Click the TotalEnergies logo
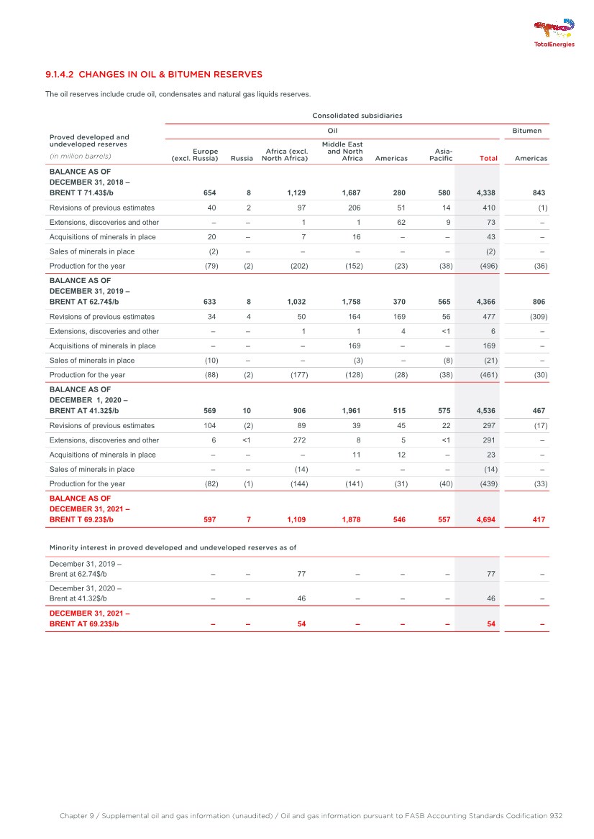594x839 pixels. tap(554, 33)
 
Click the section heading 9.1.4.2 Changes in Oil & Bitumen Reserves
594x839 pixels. tap(153, 74)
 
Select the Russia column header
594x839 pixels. tap(242, 158)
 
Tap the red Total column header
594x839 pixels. tap(488, 158)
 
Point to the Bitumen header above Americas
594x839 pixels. tap(526, 131)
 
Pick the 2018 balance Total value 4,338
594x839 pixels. tap(485, 193)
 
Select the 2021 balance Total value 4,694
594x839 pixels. tap(485, 519)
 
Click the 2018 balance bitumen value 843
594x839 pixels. tap(539, 193)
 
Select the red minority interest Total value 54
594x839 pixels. tap(490, 624)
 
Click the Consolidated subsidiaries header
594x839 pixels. tap(357, 115)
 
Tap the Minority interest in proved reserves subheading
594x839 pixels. tap(173, 547)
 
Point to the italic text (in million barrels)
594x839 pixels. tap(80, 155)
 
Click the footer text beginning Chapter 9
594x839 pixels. tap(311, 816)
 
